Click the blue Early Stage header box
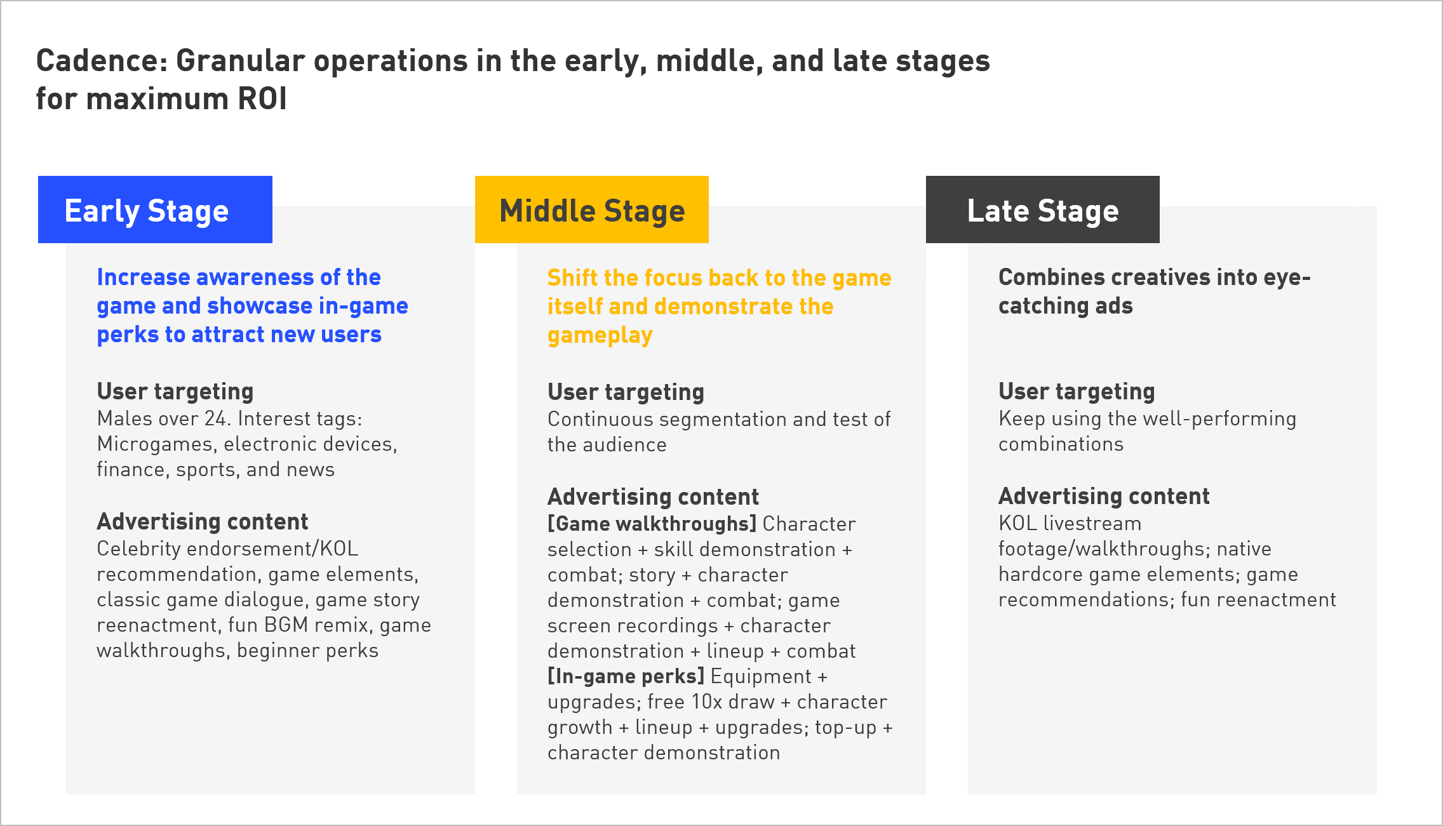[x=155, y=210]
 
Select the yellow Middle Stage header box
[x=592, y=210]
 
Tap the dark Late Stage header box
[x=1043, y=210]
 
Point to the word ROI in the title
[x=262, y=99]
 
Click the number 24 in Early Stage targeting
[x=216, y=418]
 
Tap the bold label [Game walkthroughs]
[x=652, y=524]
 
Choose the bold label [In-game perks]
[x=626, y=676]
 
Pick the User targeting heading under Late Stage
[x=1077, y=392]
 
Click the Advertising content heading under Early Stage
[x=202, y=521]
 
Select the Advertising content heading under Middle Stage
[x=653, y=496]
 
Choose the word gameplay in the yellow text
[x=600, y=335]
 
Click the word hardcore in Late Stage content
[x=1040, y=574]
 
